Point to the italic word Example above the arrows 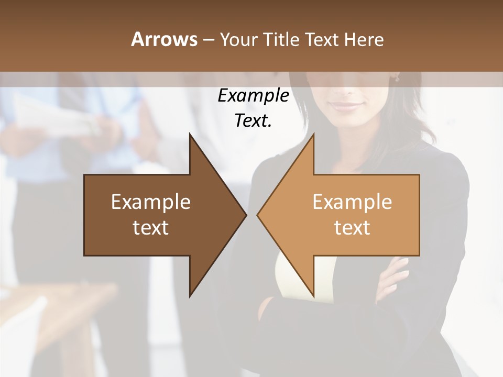[253, 96]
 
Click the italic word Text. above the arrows [253, 121]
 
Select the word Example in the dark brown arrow [150, 202]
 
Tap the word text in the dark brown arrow [150, 228]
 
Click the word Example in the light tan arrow [352, 202]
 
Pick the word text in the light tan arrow [352, 228]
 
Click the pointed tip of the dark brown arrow [245, 215]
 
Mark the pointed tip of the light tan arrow [258, 215]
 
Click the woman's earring [397, 79]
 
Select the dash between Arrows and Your [207, 40]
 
